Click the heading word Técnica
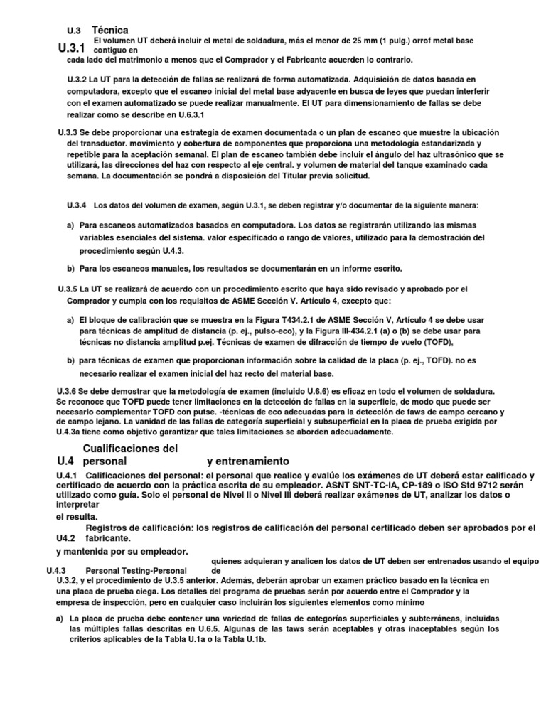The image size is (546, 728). tap(110, 30)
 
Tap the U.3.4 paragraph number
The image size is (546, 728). tap(76, 205)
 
